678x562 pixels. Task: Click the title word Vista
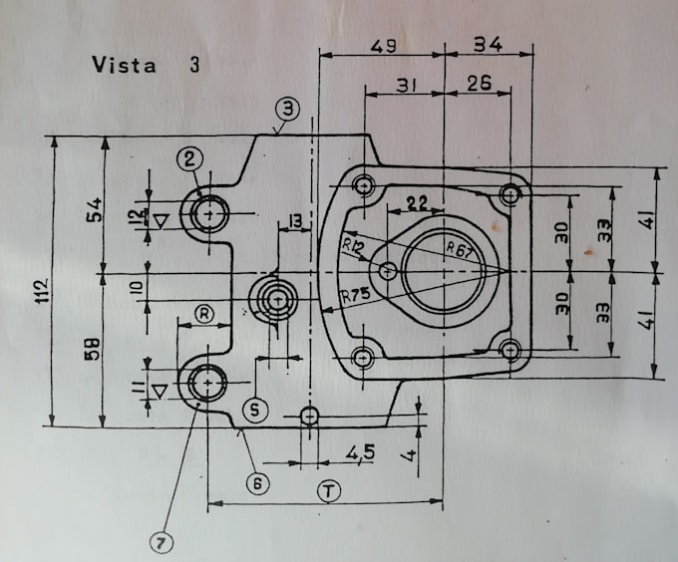124,66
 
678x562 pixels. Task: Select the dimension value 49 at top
385,45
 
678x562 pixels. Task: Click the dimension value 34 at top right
488,45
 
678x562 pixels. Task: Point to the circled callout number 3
287,108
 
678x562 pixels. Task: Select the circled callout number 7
161,542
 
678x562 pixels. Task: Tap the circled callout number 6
257,483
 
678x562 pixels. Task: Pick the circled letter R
203,314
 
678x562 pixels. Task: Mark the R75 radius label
353,296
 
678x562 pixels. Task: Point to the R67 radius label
458,246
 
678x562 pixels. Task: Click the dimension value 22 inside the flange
418,203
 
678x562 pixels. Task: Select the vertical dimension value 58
91,350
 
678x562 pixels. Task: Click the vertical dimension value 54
93,211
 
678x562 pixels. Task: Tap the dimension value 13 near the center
294,220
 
